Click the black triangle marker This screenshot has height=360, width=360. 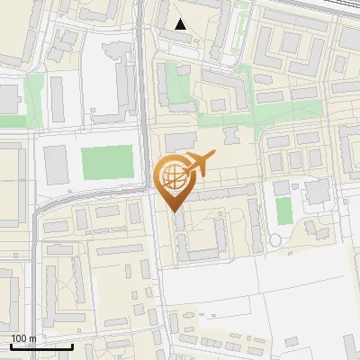(181, 24)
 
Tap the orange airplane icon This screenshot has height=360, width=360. (200, 165)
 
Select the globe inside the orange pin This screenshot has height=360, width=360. (174, 175)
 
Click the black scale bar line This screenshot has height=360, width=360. (41, 346)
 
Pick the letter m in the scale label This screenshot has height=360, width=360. (31, 338)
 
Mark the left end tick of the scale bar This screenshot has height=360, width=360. (11, 345)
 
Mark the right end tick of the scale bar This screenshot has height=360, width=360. (72, 345)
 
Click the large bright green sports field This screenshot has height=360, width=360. (106, 162)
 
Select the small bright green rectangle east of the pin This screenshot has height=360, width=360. (283, 211)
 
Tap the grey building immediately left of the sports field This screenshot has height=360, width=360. (56, 162)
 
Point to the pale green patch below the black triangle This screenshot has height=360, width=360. (178, 90)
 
